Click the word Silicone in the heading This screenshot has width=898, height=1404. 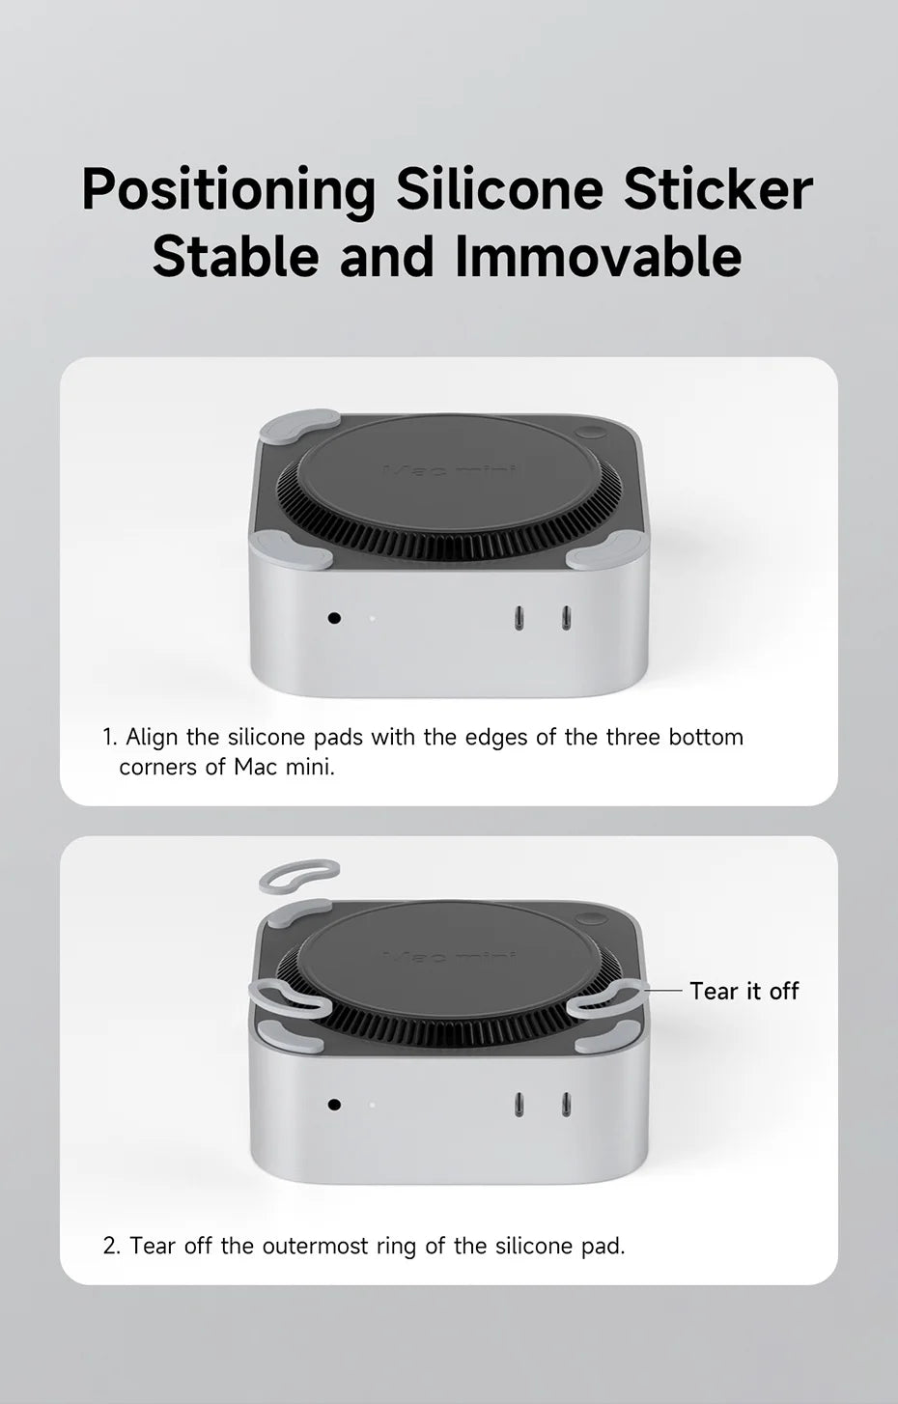coord(499,190)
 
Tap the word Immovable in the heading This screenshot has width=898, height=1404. coord(598,256)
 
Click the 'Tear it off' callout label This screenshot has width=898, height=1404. coord(744,991)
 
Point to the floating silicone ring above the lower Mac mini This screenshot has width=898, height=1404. coord(299,875)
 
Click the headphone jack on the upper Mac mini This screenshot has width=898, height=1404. coord(335,618)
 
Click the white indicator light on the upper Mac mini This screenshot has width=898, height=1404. coord(372,619)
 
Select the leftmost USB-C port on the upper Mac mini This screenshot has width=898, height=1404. coord(519,618)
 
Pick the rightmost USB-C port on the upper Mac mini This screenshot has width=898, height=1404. coord(566,618)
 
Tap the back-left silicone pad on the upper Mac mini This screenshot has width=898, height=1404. coord(297,426)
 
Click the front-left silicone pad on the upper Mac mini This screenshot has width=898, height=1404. coord(292,550)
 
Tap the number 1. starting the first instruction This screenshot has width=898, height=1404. coord(110,737)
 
